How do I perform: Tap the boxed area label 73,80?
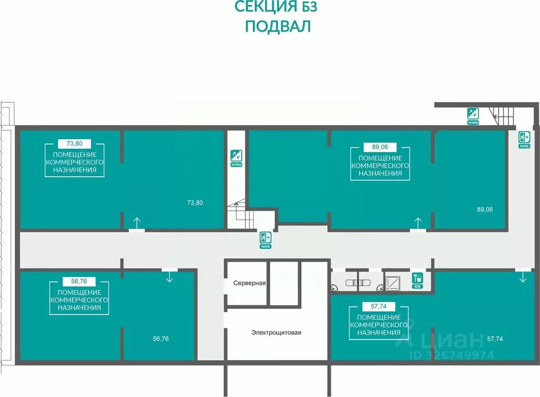tap(74, 143)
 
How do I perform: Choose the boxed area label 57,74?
tap(380, 305)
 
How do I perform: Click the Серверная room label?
tap(249, 283)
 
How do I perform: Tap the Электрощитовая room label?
tap(276, 332)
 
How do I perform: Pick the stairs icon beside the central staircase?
tap(236, 156)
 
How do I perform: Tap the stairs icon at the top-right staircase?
tap(473, 113)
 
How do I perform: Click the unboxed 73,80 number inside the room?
tap(195, 202)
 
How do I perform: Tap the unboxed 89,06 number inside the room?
tap(485, 209)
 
